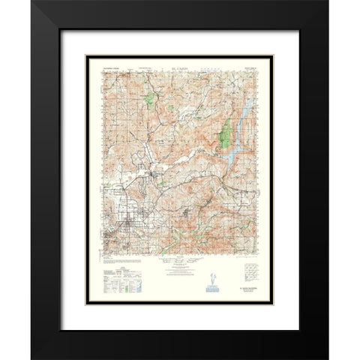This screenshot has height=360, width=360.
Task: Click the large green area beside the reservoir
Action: click(223, 134)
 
